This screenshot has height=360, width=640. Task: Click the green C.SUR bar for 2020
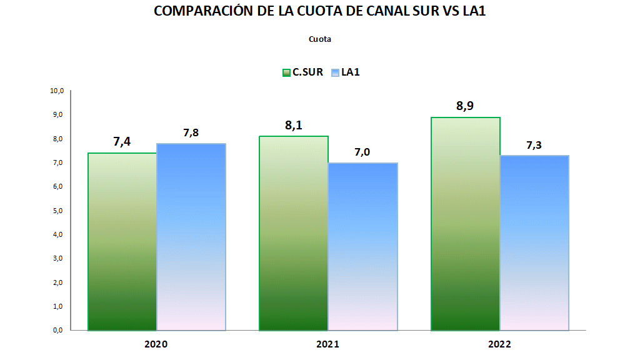122,241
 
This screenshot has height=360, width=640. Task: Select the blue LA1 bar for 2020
191,236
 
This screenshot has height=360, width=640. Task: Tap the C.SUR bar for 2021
294,232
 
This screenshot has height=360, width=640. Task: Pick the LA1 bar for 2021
362,246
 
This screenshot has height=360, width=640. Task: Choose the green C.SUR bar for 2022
466,223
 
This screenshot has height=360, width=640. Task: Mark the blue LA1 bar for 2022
534,242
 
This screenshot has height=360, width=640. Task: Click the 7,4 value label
122,142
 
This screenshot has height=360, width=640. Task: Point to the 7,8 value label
191,132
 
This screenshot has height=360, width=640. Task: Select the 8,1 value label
294,125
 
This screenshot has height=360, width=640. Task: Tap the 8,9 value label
465,106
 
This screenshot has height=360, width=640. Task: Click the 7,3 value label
534,145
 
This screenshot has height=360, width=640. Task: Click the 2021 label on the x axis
328,344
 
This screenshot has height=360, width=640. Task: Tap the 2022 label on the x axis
499,344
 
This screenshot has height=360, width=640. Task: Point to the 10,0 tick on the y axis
57,91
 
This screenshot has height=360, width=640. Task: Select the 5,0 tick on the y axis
58,211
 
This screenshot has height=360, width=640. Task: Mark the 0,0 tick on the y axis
58,330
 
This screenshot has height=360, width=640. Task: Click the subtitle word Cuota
319,39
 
